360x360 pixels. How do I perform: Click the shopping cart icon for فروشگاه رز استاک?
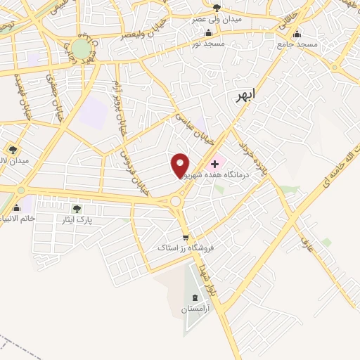pyautogui.click(x=185, y=238)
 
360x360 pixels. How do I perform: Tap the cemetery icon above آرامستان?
pyautogui.click(x=195, y=297)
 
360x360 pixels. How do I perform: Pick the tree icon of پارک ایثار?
pyautogui.click(x=77, y=208)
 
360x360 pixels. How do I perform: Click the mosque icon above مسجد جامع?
pyautogui.click(x=297, y=34)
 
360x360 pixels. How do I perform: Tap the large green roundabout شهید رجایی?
pyautogui.click(x=82, y=49)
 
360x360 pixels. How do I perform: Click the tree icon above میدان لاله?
pyautogui.click(x=13, y=149)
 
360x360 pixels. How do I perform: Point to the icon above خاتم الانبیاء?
pyautogui.click(x=15, y=207)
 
